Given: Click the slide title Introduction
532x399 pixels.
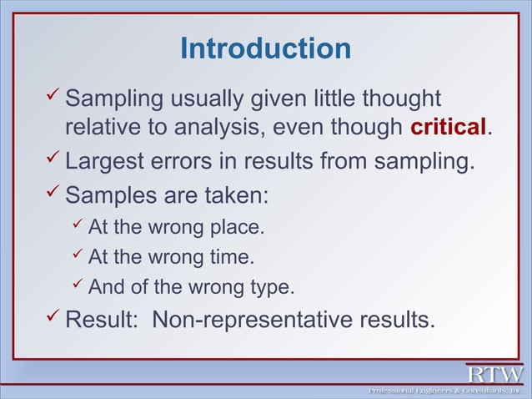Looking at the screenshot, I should pos(265,48).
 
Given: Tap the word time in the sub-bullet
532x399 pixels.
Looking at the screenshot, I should pos(233,257).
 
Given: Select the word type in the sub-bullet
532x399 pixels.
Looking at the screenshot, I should pos(270,288).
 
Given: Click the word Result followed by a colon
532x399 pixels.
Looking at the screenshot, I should pos(99,320).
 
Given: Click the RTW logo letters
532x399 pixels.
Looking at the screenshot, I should pos(494,374).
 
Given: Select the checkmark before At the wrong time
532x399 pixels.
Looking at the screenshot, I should pos(77,256).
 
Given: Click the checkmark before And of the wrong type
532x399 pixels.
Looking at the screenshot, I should pos(77,287).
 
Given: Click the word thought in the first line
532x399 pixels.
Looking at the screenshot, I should pos(399,100).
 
